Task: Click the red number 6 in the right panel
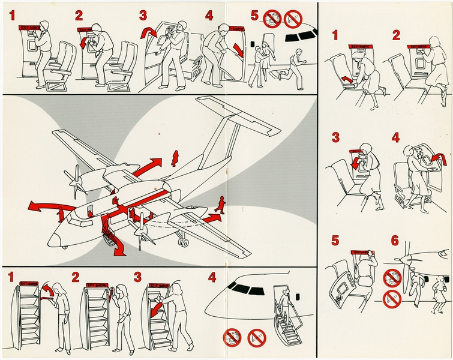pos(394,241)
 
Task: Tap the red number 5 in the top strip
pos(254,16)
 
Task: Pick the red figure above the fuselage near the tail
pos(175,158)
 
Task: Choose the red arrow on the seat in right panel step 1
pos(346,79)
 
